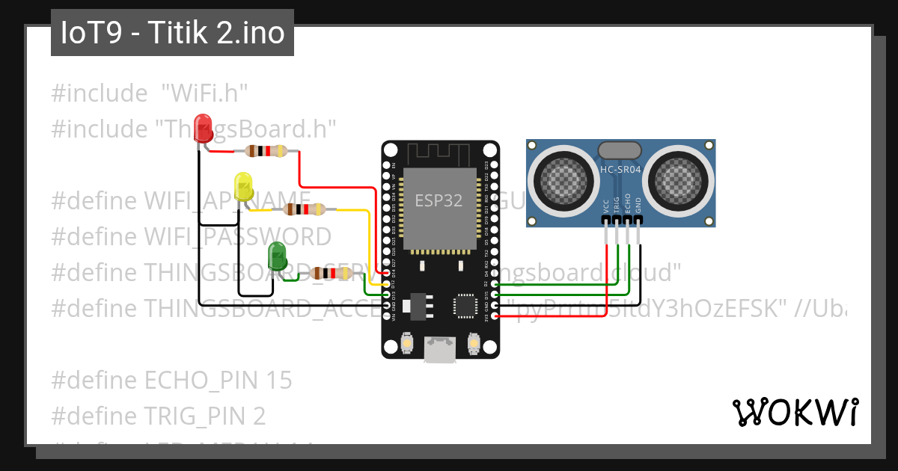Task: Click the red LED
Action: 202,126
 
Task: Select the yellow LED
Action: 243,185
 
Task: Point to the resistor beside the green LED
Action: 332,274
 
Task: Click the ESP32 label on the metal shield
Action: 438,200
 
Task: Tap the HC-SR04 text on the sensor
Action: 620,170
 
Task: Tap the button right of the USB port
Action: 473,343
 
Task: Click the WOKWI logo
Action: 795,412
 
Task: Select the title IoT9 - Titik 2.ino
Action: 172,34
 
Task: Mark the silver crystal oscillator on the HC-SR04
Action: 620,152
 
